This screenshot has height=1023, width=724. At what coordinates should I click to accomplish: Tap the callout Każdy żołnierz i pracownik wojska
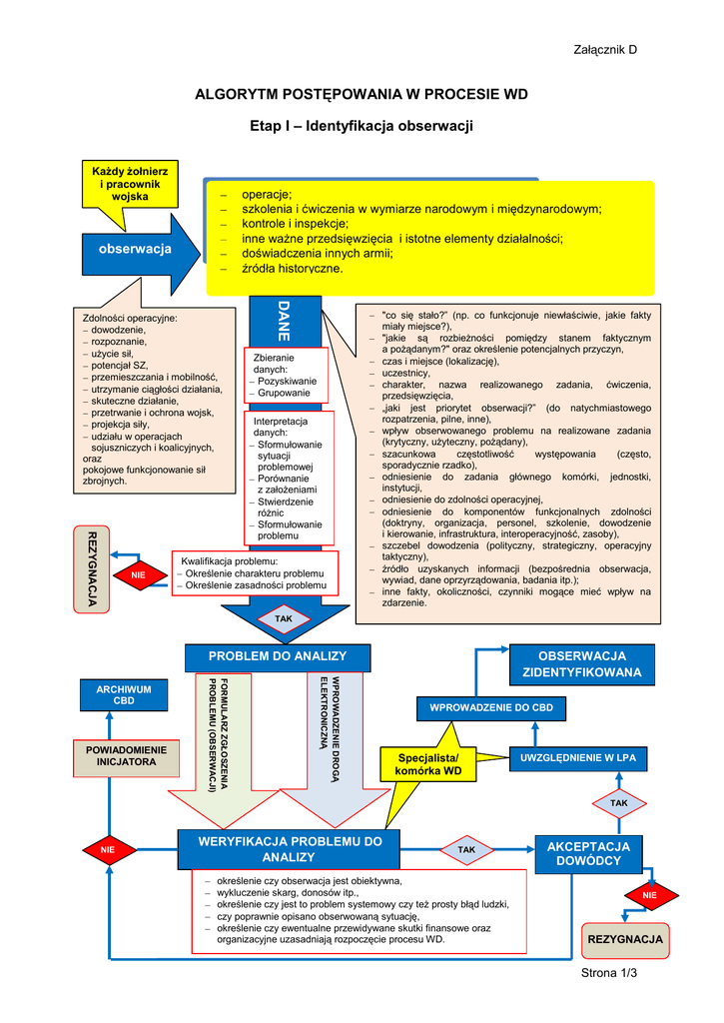tap(130, 185)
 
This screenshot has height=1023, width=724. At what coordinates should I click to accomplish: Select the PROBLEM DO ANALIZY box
tap(277, 656)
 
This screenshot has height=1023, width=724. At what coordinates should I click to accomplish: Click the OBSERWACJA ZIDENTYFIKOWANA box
tap(581, 663)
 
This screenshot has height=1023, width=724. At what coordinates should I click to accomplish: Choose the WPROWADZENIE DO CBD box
tap(490, 708)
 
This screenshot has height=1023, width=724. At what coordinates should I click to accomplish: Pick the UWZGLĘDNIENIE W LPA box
tap(577, 758)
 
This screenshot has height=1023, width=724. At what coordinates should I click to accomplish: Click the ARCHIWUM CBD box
tap(124, 694)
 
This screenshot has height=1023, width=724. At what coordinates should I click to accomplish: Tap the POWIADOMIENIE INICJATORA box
tap(127, 755)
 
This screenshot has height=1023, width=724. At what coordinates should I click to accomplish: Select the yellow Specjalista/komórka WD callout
tap(428, 765)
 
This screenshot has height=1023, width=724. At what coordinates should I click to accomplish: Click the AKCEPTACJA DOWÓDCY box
tap(588, 853)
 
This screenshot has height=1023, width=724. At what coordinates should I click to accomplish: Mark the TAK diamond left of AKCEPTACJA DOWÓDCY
tap(466, 849)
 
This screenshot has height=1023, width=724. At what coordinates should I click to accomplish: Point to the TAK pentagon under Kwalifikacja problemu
tap(284, 619)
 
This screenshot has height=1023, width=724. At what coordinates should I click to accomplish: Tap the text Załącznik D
tap(604, 50)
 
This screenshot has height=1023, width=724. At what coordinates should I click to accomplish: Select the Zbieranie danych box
tap(286, 375)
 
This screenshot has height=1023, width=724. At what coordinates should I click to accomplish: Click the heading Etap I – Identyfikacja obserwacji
tap(361, 126)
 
